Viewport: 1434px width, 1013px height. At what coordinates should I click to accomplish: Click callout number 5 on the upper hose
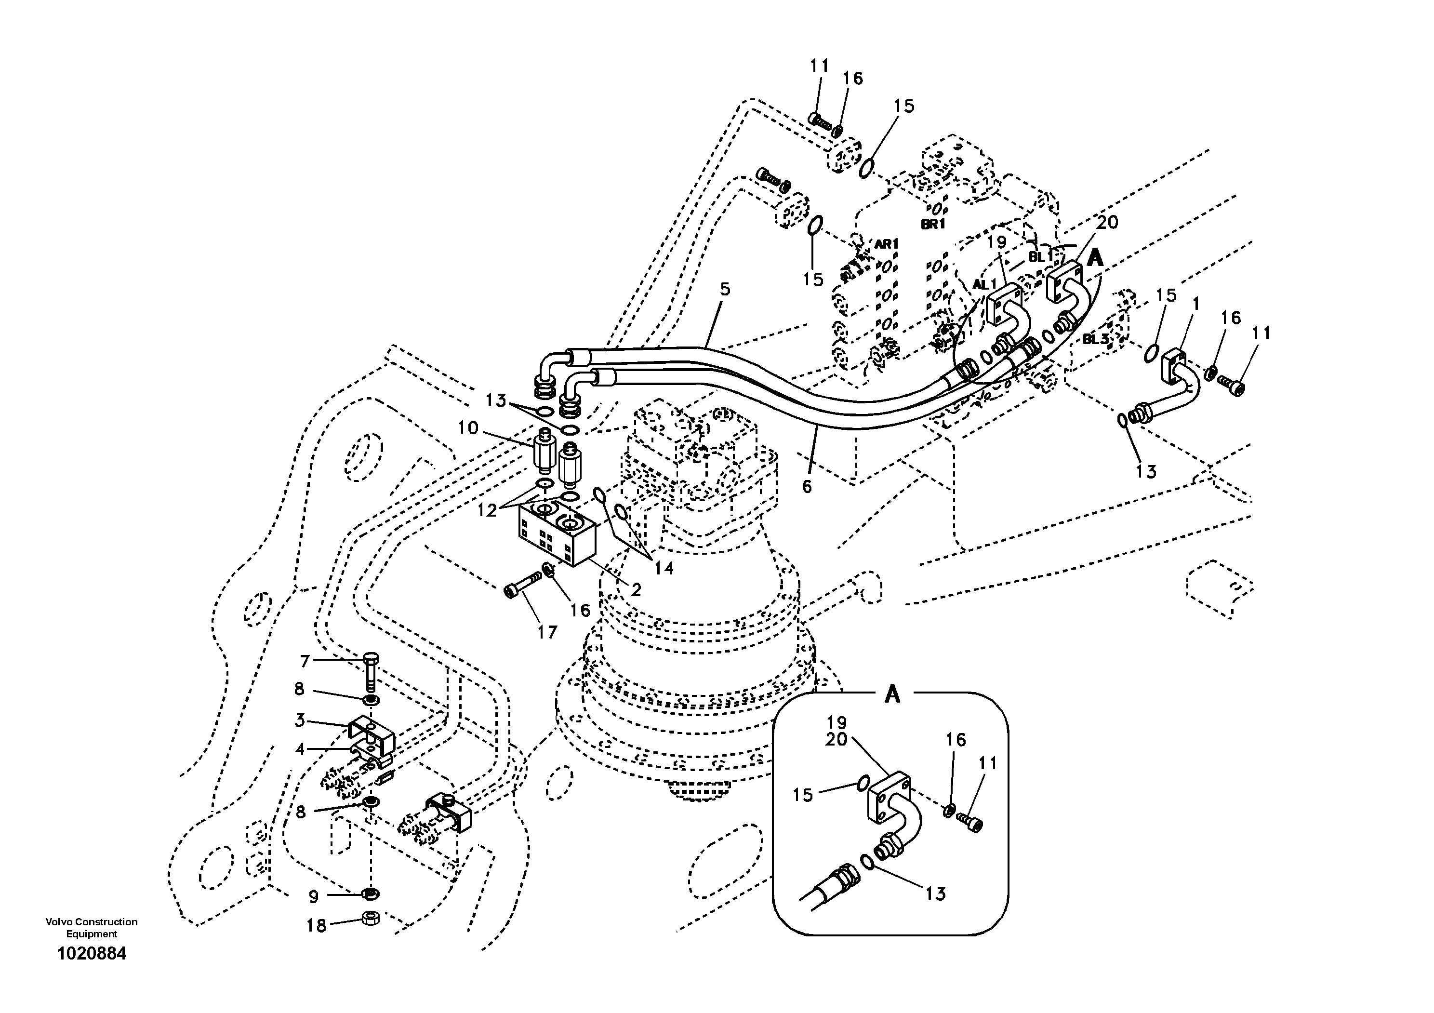tap(725, 289)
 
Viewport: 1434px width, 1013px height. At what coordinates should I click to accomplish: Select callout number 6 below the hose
tap(807, 487)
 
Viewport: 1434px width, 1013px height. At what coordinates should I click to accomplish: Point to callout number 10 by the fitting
tap(468, 428)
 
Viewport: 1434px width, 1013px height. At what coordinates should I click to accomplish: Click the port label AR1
tap(886, 244)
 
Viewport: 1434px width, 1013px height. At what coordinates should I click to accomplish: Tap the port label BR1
tap(933, 224)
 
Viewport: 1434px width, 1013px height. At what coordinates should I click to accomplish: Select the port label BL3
tap(1096, 339)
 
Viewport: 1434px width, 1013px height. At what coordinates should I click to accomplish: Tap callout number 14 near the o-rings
tap(664, 568)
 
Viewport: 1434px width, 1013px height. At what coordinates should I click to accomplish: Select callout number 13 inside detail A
tap(935, 893)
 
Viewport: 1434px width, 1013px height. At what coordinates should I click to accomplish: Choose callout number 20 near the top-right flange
tap(1107, 222)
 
